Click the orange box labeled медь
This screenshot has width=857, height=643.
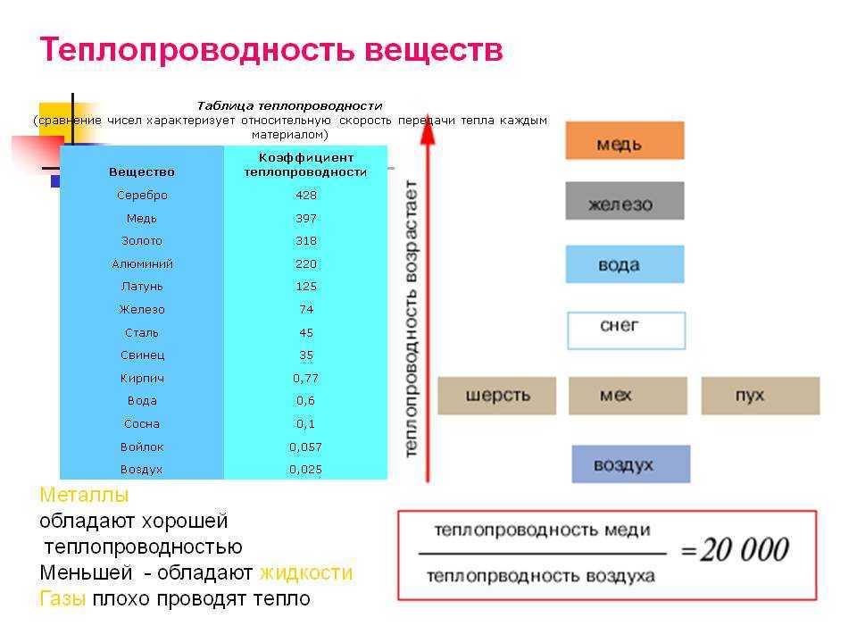625,140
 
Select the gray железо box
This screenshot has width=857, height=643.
625,201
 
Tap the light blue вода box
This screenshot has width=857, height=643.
625,264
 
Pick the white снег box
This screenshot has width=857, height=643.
627,330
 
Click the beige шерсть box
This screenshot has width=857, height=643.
497,396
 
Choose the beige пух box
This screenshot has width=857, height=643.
761,396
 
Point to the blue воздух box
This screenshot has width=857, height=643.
631,464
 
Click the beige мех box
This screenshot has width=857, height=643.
628,396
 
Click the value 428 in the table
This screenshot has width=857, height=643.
306,196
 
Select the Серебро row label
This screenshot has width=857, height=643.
142,196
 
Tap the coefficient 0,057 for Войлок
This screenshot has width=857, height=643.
305,447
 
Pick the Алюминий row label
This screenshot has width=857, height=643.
142,264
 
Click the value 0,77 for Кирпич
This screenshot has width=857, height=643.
305,379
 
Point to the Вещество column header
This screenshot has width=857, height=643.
142,172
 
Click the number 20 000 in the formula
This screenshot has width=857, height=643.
745,549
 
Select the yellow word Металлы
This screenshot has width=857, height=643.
84,495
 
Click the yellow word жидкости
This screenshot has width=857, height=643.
306,573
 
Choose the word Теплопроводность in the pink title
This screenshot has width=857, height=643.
197,50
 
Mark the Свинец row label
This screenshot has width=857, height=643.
142,355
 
